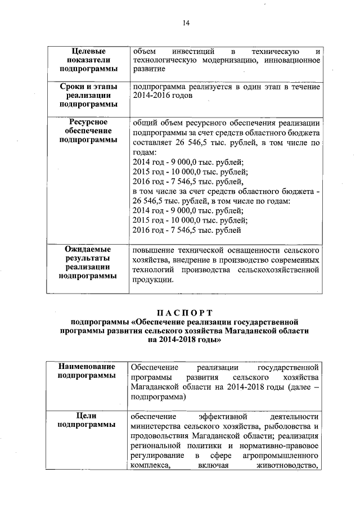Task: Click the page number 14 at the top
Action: coord(186,22)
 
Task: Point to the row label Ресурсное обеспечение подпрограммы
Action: coord(88,130)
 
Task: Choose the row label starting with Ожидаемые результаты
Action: coord(88,262)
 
